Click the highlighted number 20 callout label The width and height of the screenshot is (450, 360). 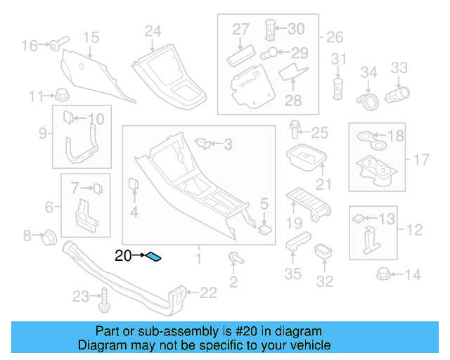pyautogui.click(x=123, y=257)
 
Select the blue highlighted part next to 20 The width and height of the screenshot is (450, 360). pyautogui.click(x=154, y=257)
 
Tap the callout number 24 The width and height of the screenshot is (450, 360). pyautogui.click(x=153, y=30)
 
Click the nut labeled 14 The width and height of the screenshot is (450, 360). pyautogui.click(x=384, y=274)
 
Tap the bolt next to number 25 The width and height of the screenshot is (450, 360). pyautogui.click(x=294, y=130)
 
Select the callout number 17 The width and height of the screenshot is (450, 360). pyautogui.click(x=420, y=160)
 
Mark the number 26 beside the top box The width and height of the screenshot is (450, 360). pyautogui.click(x=334, y=37)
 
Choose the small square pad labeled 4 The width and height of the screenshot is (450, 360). pyautogui.click(x=133, y=186)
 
